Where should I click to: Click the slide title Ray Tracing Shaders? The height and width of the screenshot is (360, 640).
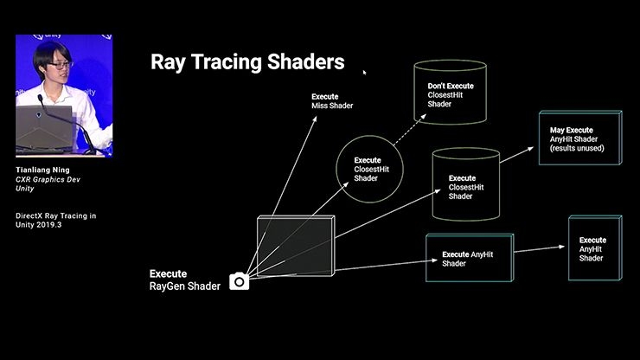click(x=247, y=62)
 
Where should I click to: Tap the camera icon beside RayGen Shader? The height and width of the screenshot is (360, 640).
click(x=239, y=281)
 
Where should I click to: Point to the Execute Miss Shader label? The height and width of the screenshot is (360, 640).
click(x=332, y=101)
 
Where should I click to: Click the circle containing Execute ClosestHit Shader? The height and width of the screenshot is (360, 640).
click(x=370, y=167)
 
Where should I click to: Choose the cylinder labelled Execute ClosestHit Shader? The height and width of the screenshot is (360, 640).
click(x=466, y=186)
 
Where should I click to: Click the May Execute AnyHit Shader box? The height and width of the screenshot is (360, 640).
click(x=579, y=138)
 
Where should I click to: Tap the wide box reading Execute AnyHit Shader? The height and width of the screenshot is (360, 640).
click(x=469, y=259)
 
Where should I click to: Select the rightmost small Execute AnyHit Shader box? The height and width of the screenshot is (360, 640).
click(x=594, y=248)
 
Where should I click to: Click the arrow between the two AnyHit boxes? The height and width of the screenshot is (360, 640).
click(x=541, y=250)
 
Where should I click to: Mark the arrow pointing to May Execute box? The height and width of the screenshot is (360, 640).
click(x=517, y=155)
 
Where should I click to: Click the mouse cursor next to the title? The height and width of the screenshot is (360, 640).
click(x=364, y=72)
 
